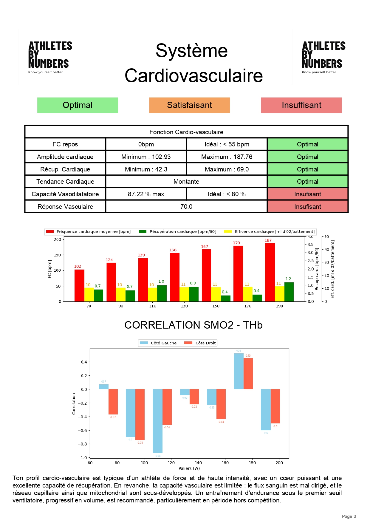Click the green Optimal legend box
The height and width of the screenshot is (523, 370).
pos(78,105)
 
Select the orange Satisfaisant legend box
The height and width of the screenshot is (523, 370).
pos(189,105)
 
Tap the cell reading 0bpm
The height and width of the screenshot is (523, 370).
pos(146,144)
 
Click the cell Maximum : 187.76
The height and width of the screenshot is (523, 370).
pos(227,157)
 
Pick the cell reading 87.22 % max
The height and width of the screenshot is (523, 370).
pos(146,194)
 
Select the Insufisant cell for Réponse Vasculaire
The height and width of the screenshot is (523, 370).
pos(307,207)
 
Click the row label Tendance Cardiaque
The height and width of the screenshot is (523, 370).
pos(65,182)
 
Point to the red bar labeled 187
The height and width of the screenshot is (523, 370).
pos(270,272)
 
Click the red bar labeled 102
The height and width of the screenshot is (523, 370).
pos(79,285)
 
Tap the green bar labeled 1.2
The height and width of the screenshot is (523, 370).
pos(289,292)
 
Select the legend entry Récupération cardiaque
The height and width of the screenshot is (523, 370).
pos(178,232)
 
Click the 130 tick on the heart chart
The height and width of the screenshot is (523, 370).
pos(184,306)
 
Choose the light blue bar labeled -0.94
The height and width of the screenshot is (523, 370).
pos(158,421)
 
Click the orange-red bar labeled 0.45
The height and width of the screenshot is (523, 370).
pos(248,374)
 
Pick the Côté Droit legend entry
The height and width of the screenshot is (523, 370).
pos(200,343)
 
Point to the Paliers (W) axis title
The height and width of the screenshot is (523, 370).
pos(189,468)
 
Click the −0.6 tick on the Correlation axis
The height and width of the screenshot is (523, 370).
pos(82,431)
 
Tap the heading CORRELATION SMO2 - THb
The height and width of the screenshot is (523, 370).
pos(193,325)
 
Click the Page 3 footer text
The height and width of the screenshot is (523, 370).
pos(349,516)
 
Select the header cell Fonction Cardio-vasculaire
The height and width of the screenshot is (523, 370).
pos(186,132)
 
